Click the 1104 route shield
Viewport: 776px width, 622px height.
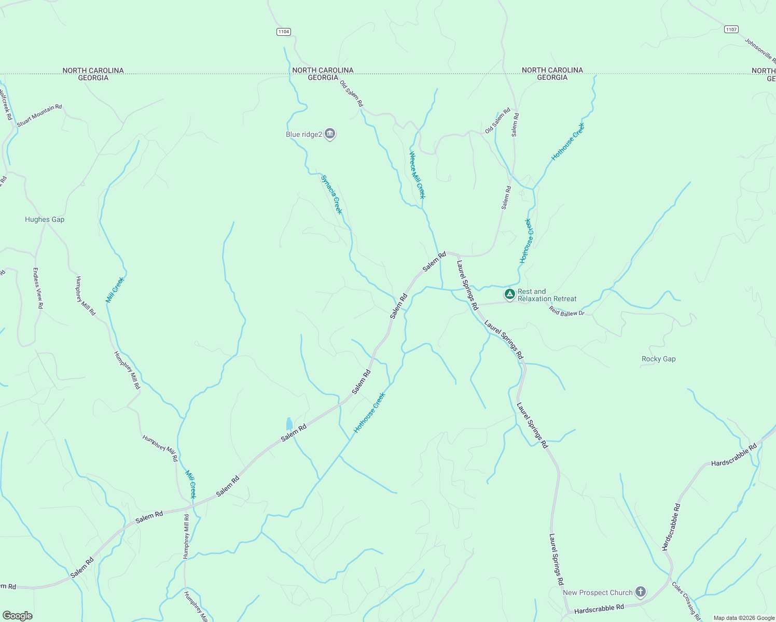point(283,32)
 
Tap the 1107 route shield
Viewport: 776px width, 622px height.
point(731,30)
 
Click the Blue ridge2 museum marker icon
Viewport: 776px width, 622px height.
point(330,134)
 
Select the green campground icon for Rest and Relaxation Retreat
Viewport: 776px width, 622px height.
point(510,294)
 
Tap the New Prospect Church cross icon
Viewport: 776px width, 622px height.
point(641,592)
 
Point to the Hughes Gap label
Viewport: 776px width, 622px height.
point(45,219)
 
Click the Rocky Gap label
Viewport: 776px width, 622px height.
point(658,359)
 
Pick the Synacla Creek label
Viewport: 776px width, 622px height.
point(331,194)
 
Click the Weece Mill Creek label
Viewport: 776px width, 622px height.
point(417,175)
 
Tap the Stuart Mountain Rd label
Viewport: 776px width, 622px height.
point(39,116)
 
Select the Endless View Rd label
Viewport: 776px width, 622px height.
point(37,288)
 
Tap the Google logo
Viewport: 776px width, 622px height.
point(17,616)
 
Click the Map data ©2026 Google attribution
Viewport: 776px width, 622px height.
point(743,618)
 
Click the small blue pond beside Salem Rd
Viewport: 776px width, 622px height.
point(289,424)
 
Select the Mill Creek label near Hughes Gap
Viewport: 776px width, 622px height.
point(115,290)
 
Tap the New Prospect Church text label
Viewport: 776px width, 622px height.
point(598,592)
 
